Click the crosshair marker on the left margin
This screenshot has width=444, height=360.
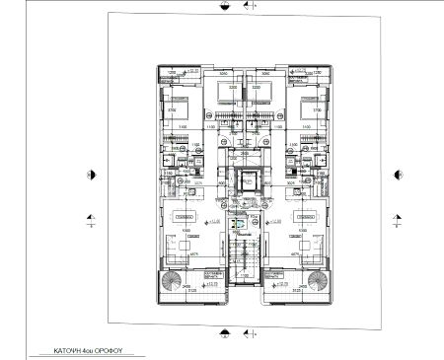coord(92,221)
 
